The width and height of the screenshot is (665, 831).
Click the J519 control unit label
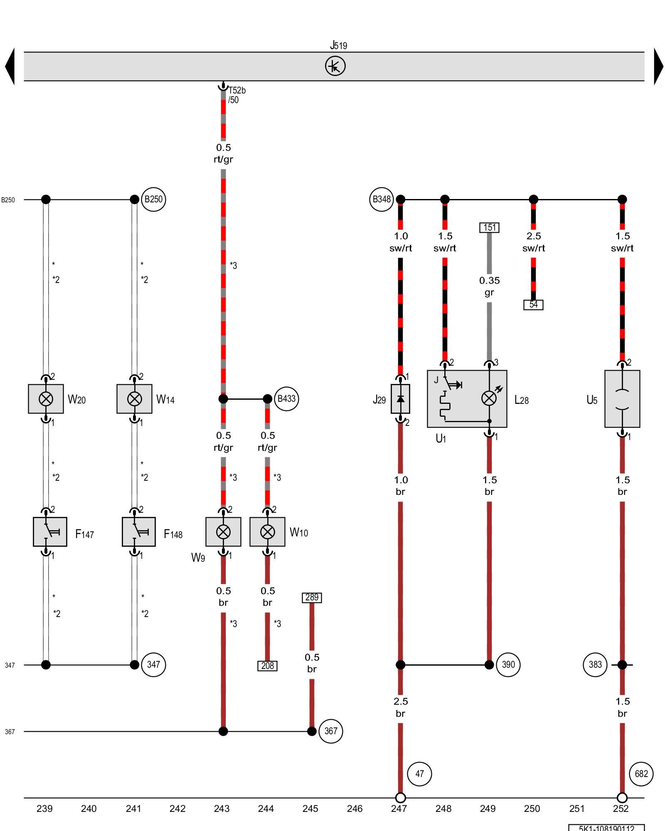pyautogui.click(x=338, y=45)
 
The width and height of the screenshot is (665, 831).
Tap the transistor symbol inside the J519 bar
pyautogui.click(x=335, y=66)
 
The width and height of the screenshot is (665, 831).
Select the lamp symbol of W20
pyautogui.click(x=46, y=399)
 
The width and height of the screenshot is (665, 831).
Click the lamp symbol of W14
pyautogui.click(x=134, y=399)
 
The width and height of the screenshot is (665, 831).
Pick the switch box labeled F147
pyautogui.click(x=50, y=532)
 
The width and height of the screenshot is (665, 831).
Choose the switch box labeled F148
pyautogui.click(x=138, y=532)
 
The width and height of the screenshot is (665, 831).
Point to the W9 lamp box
pyautogui.click(x=223, y=532)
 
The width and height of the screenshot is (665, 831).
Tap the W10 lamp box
pyautogui.click(x=267, y=532)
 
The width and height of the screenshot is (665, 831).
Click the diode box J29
pyautogui.click(x=400, y=399)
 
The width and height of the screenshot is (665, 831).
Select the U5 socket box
pyautogui.click(x=622, y=399)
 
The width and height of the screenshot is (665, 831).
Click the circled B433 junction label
pyautogui.click(x=286, y=399)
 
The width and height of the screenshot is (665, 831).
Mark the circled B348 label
pyautogui.click(x=381, y=199)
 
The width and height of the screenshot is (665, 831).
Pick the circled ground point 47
pyautogui.click(x=419, y=774)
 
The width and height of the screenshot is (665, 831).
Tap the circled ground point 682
pyautogui.click(x=641, y=774)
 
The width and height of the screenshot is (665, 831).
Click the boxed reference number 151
pyautogui.click(x=489, y=228)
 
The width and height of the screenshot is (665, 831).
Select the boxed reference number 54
pyautogui.click(x=533, y=305)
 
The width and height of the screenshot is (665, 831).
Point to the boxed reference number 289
pyautogui.click(x=312, y=597)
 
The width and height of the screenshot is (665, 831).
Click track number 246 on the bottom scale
pyautogui.click(x=355, y=809)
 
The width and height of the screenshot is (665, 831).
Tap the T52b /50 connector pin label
pyautogui.click(x=236, y=95)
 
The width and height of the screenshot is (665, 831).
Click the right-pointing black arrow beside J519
pyautogui.click(x=658, y=66)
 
